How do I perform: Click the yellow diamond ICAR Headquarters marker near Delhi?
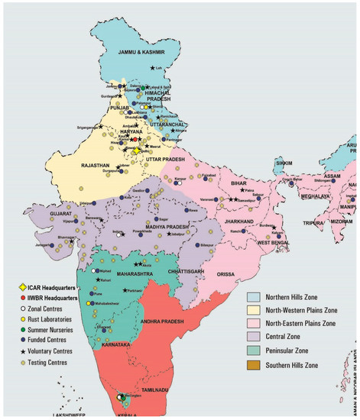coord(136,151)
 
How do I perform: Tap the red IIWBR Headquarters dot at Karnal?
coord(134,140)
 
